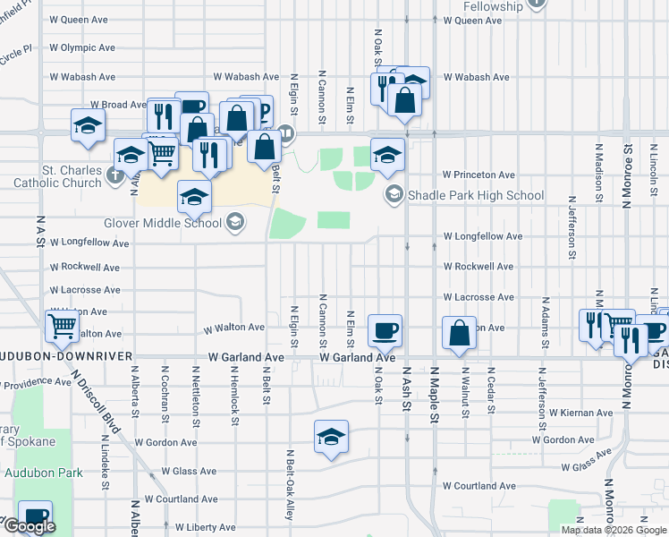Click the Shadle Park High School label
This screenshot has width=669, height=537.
pos(475,195)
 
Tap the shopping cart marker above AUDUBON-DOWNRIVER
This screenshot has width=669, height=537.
pos(62,326)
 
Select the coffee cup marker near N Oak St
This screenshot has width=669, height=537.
pos(385,330)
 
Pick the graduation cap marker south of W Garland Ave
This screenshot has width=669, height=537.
pos(331,437)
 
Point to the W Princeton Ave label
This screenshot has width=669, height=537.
pos(479,175)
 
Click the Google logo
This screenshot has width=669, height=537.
pos(30,527)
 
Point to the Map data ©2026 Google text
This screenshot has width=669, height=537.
pos(614,530)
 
